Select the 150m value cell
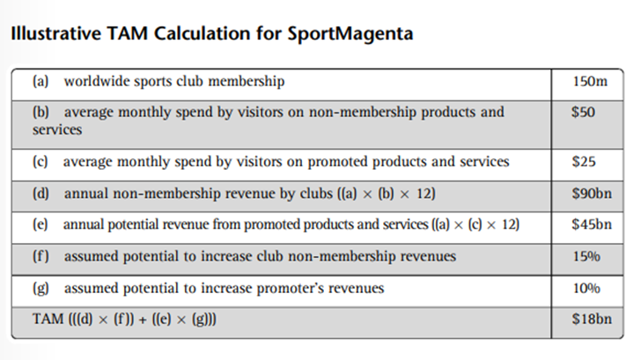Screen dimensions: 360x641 (588, 82)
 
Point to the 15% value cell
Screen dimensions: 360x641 (586, 257)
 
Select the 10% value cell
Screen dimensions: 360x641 (586, 289)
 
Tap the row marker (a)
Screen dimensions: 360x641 (41, 82)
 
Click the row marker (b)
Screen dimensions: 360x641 (41, 113)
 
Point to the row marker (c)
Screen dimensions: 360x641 (41, 162)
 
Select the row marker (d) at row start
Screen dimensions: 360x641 (41, 194)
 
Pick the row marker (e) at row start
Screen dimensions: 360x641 (41, 225)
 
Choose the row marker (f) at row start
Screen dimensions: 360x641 (40, 257)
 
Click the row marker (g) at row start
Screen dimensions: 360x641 (41, 289)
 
